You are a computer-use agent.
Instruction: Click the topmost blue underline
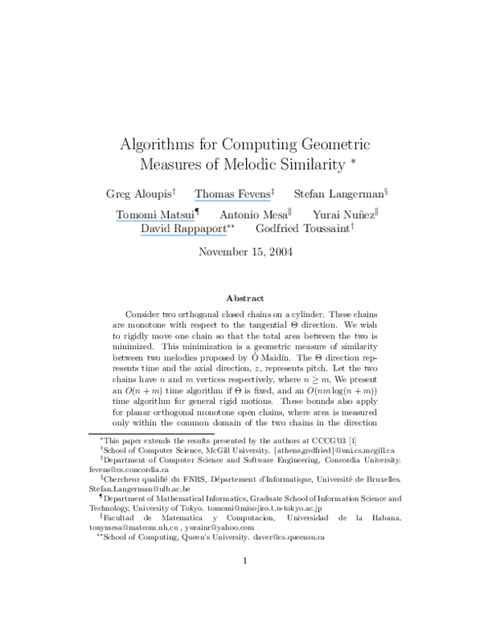[x=232, y=200]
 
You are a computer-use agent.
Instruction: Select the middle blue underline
[x=156, y=220]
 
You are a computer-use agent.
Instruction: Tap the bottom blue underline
[x=183, y=235]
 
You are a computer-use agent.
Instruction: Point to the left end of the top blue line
[x=195, y=200]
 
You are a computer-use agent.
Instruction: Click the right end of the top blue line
[x=271, y=200]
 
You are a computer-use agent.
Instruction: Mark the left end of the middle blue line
[x=116, y=220]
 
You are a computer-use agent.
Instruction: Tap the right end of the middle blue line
[x=195, y=220]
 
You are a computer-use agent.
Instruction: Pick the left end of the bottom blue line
[x=140, y=235]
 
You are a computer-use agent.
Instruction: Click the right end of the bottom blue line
[x=227, y=235]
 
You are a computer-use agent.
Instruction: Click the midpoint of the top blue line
[x=233, y=200]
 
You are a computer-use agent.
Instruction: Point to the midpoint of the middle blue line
[x=156, y=220]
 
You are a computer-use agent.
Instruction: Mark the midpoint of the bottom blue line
[x=184, y=235]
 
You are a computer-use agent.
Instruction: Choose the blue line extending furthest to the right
[x=232, y=200]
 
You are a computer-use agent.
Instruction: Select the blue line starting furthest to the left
[x=156, y=220]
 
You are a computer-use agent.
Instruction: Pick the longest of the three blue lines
[x=183, y=235]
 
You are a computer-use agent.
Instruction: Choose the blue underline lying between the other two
[x=156, y=220]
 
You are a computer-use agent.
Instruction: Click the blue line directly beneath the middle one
[x=183, y=235]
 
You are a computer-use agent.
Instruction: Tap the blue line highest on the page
[x=232, y=200]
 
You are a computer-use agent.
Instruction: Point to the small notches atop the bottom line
[x=195, y=234]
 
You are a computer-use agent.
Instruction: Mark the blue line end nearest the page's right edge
[x=271, y=200]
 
